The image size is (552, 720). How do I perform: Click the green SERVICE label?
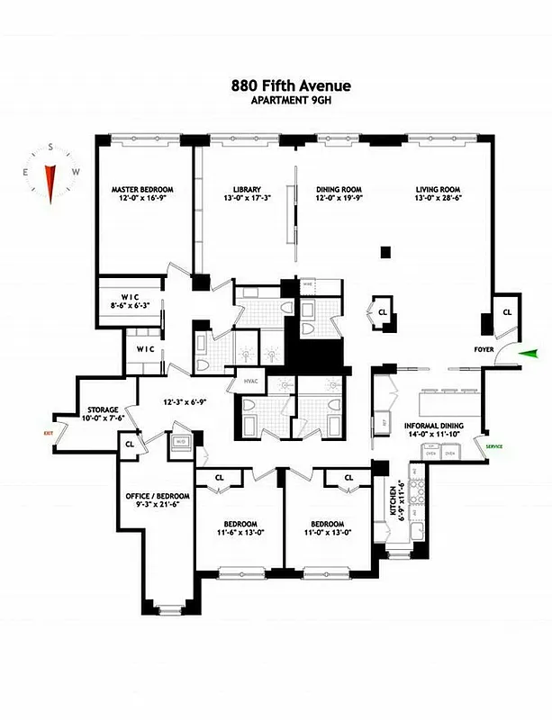494,446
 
